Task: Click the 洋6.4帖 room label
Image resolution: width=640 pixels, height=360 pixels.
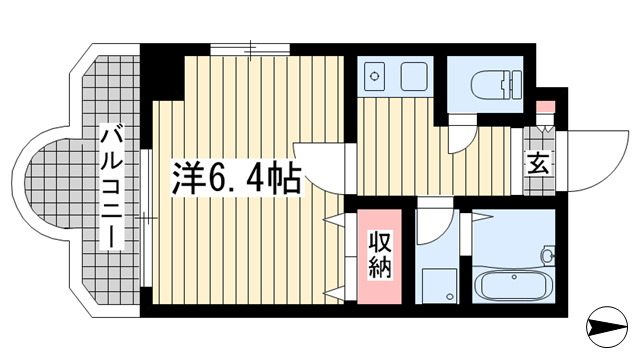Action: [x=237, y=178]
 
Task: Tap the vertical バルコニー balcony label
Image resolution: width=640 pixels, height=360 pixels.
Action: [x=112, y=188]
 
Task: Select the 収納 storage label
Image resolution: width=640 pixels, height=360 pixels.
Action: [x=380, y=254]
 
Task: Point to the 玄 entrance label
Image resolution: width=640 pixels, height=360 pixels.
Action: [x=538, y=163]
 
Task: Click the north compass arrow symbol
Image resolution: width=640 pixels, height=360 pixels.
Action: [x=607, y=327]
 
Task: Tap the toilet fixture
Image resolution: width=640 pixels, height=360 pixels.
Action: [x=496, y=84]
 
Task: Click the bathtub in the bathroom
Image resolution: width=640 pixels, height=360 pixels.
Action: [x=514, y=285]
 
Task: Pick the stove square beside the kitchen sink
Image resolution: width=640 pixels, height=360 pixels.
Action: [x=414, y=76]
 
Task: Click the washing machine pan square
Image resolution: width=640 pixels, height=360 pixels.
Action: [x=439, y=285]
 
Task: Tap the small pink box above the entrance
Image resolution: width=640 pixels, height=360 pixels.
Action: [x=545, y=107]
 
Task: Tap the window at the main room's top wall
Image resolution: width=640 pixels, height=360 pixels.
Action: [x=250, y=49]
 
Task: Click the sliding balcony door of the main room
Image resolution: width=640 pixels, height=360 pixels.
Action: [x=146, y=218]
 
